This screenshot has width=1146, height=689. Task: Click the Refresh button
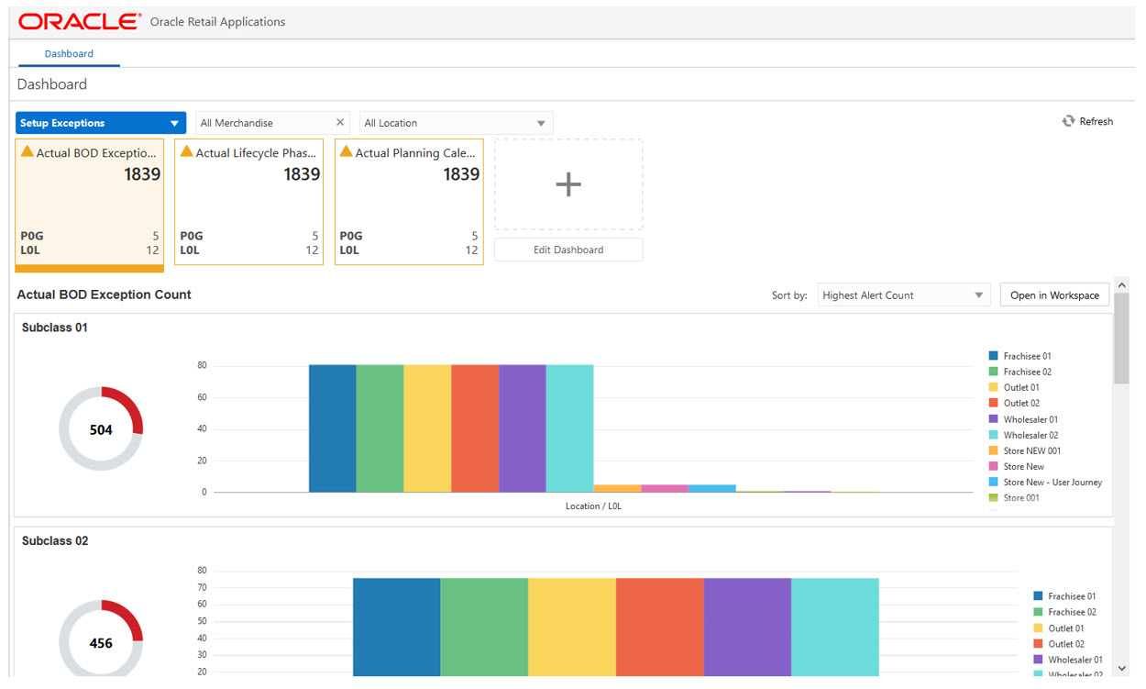pyautogui.click(x=1087, y=121)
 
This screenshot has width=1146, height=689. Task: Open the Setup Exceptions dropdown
pyautogui.click(x=101, y=123)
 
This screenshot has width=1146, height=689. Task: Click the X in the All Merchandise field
pyautogui.click(x=340, y=123)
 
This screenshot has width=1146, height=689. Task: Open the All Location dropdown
pyautogui.click(x=456, y=123)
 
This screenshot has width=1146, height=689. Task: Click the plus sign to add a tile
pyautogui.click(x=568, y=184)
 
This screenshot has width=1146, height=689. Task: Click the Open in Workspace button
pyautogui.click(x=1054, y=295)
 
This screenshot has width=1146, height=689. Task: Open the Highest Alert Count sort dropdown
pyautogui.click(x=903, y=295)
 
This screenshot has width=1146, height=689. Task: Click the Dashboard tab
pyautogui.click(x=69, y=54)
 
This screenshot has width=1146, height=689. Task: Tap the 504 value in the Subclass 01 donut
pyautogui.click(x=101, y=429)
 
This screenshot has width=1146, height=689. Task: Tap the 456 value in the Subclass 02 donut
pyautogui.click(x=101, y=643)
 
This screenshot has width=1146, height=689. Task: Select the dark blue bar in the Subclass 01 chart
pyautogui.click(x=332, y=428)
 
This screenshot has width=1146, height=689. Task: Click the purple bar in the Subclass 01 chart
pyautogui.click(x=522, y=428)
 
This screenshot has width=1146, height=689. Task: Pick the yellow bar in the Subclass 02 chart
pyautogui.click(x=571, y=628)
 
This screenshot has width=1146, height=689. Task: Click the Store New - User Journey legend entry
pyautogui.click(x=1052, y=483)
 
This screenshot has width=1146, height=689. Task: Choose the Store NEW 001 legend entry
pyautogui.click(x=1031, y=451)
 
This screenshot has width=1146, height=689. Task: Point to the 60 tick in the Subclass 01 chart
pyautogui.click(x=202, y=397)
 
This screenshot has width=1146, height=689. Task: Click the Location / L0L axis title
pyautogui.click(x=596, y=506)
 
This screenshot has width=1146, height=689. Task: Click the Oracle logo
pyautogui.click(x=80, y=21)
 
